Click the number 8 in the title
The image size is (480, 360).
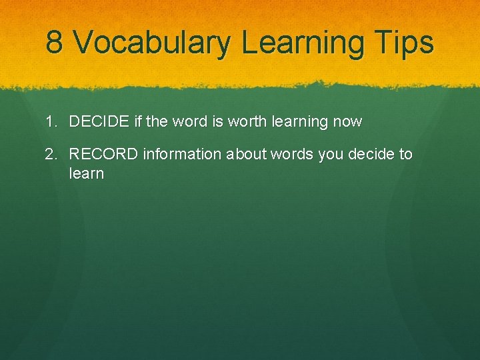[x=55, y=43]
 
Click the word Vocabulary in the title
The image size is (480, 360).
[x=151, y=43]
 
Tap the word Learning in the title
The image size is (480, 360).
[x=303, y=43]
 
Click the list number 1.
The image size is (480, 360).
[x=51, y=122]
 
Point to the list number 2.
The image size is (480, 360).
[x=51, y=155]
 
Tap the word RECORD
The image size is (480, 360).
[x=103, y=155]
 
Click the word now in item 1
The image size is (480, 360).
[x=347, y=122]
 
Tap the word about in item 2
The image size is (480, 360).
[x=247, y=155]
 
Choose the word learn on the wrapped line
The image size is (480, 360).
[x=87, y=174]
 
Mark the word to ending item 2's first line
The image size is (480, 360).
[x=405, y=155]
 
